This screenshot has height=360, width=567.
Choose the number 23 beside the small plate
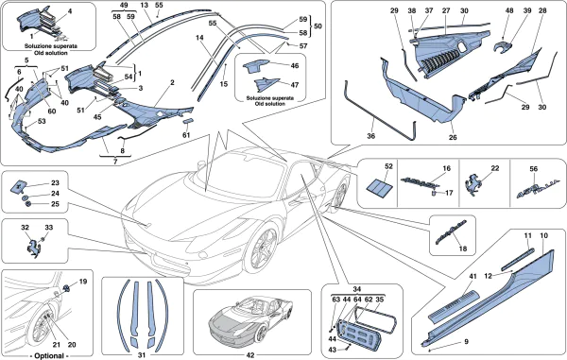point(55,183)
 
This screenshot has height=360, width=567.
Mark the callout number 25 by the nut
point(55,203)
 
